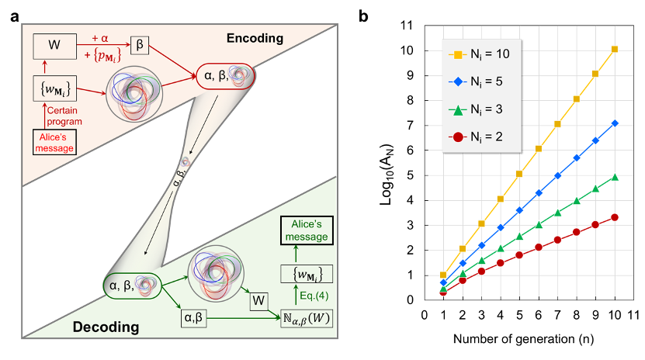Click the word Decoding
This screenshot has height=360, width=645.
click(x=106, y=327)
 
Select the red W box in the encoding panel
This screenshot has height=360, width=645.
click(x=54, y=46)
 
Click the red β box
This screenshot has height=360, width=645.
click(x=140, y=46)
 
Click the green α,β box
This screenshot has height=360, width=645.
click(x=198, y=317)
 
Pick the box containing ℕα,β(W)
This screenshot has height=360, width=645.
click(x=303, y=317)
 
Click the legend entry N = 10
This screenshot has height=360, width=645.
click(x=483, y=55)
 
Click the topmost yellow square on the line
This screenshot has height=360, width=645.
click(x=615, y=50)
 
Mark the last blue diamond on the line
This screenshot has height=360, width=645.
click(x=615, y=123)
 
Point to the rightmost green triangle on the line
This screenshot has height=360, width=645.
click(x=615, y=177)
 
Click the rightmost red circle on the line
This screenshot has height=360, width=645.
click(x=615, y=217)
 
